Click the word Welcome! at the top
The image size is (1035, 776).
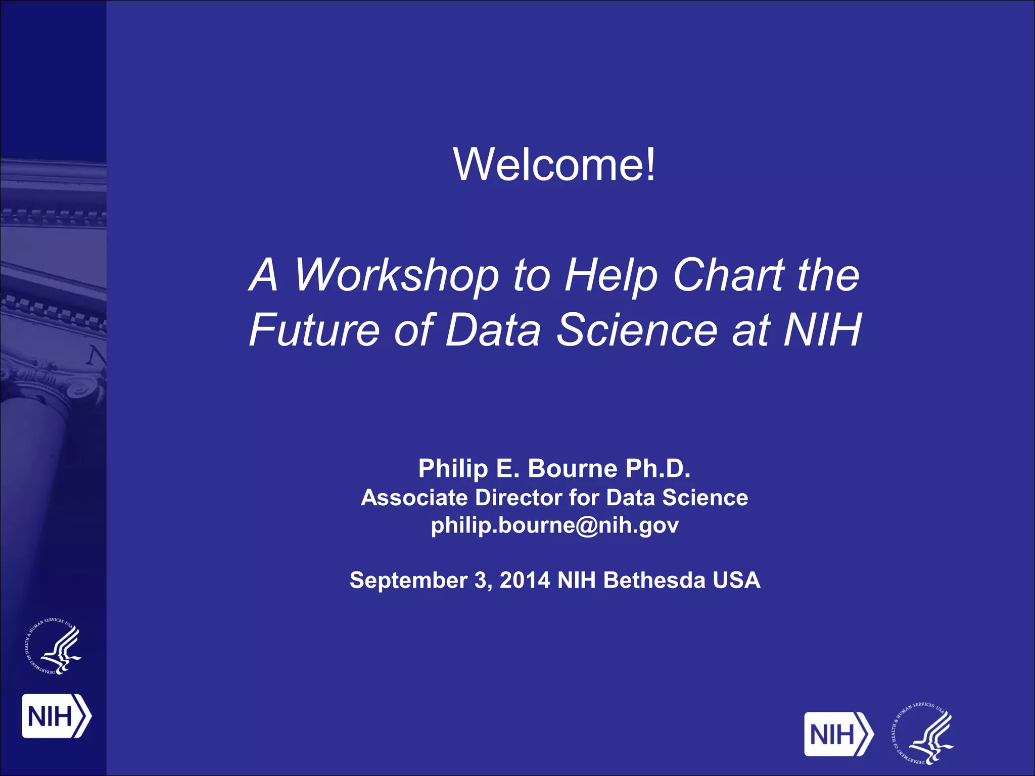pyautogui.click(x=554, y=164)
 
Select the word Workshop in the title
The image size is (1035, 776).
pyautogui.click(x=396, y=275)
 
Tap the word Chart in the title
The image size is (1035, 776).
pyautogui.click(x=728, y=275)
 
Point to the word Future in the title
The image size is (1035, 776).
pyautogui.click(x=314, y=330)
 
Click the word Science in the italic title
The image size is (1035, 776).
pyautogui.click(x=637, y=330)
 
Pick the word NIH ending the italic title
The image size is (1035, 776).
pyautogui.click(x=822, y=330)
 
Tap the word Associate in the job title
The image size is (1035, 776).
pyautogui.click(x=414, y=498)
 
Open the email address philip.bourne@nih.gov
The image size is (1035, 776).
pyautogui.click(x=554, y=525)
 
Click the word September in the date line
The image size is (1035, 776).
pyautogui.click(x=408, y=580)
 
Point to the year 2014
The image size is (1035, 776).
pyautogui.click(x=525, y=580)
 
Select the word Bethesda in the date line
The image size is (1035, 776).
pyautogui.click(x=654, y=580)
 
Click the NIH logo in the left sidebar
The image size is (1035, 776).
pyautogui.click(x=56, y=716)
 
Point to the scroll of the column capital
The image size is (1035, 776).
pyautogui.click(x=81, y=390)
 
